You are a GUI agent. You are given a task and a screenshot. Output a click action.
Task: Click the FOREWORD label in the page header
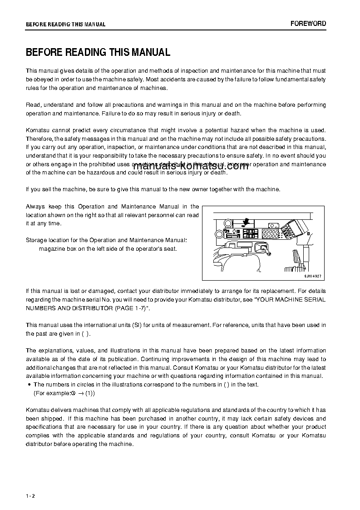coord(308,24)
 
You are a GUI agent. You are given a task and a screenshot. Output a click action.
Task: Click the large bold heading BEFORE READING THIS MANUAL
coord(98,52)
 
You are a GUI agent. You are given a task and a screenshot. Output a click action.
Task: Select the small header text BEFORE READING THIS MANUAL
coord(65,25)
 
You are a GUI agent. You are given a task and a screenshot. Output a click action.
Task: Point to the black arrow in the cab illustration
coord(246,222)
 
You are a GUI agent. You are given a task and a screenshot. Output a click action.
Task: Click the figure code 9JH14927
coord(312,275)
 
